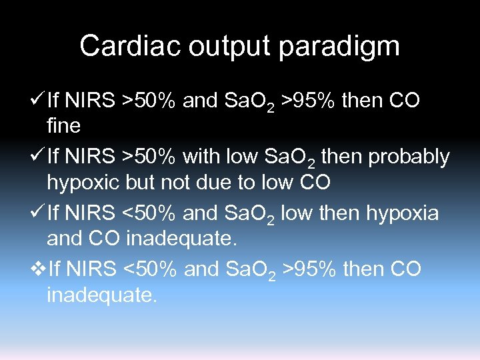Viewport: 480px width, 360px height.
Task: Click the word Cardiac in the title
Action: pos(127,47)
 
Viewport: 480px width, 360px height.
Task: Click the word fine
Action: pos(64,125)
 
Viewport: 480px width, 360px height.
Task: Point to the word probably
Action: pos(409,157)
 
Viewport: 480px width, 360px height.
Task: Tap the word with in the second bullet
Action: pos(203,157)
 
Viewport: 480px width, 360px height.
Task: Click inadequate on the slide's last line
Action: pos(102,294)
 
